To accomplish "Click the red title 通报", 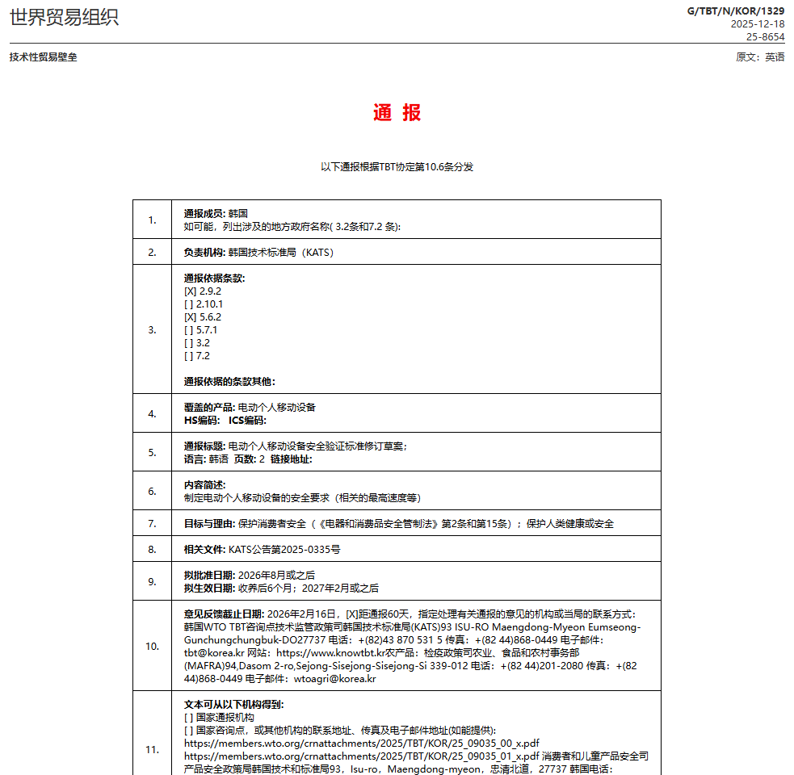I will (x=397, y=113).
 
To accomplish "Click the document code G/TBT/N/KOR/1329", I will (x=735, y=10).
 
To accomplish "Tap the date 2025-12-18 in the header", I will (x=757, y=24).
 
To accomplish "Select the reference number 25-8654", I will (x=765, y=37).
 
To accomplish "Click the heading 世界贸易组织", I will (x=64, y=18).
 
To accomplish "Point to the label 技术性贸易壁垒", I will (x=44, y=57).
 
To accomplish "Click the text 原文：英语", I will (x=760, y=57).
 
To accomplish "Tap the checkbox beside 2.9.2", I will (x=190, y=291).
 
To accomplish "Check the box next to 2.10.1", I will (x=189, y=304).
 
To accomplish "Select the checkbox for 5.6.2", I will (x=190, y=317).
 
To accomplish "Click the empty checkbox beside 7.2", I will (x=189, y=356).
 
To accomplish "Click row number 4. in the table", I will (x=152, y=414).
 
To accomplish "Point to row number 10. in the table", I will (x=152, y=647).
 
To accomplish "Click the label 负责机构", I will (x=204, y=253).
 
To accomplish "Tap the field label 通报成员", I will (x=204, y=214).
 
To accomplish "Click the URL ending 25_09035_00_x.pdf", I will (x=362, y=744).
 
